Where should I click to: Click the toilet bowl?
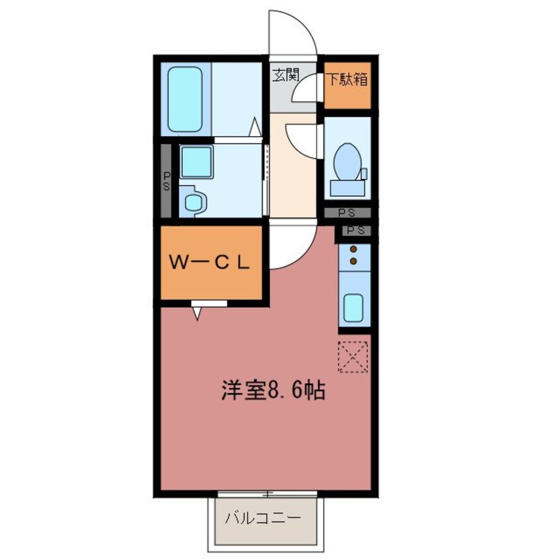(x=347, y=162)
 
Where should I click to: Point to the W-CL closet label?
(x=209, y=262)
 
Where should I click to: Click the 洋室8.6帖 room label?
(x=272, y=392)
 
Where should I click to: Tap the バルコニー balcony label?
(x=262, y=518)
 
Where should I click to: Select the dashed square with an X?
(x=354, y=356)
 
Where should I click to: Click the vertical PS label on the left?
(x=167, y=182)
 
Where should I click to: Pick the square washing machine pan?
(x=196, y=162)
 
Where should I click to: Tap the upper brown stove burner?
(x=354, y=250)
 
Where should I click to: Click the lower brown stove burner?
(x=354, y=262)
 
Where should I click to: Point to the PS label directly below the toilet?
(x=347, y=213)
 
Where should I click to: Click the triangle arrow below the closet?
(x=198, y=314)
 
